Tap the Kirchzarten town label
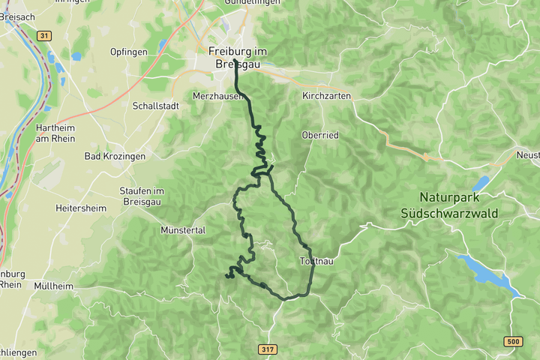tap(326, 97)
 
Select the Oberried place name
tap(320, 135)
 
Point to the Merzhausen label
tap(217, 97)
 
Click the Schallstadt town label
tap(155, 106)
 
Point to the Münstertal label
tap(183, 230)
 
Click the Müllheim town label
tap(53, 286)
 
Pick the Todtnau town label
tap(316, 261)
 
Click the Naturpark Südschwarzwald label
tap(459, 206)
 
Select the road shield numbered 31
tap(44, 35)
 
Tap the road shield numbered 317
tap(268, 349)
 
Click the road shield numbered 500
tap(512, 342)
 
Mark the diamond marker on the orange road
tap(425, 157)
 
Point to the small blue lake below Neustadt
tap(481, 183)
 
